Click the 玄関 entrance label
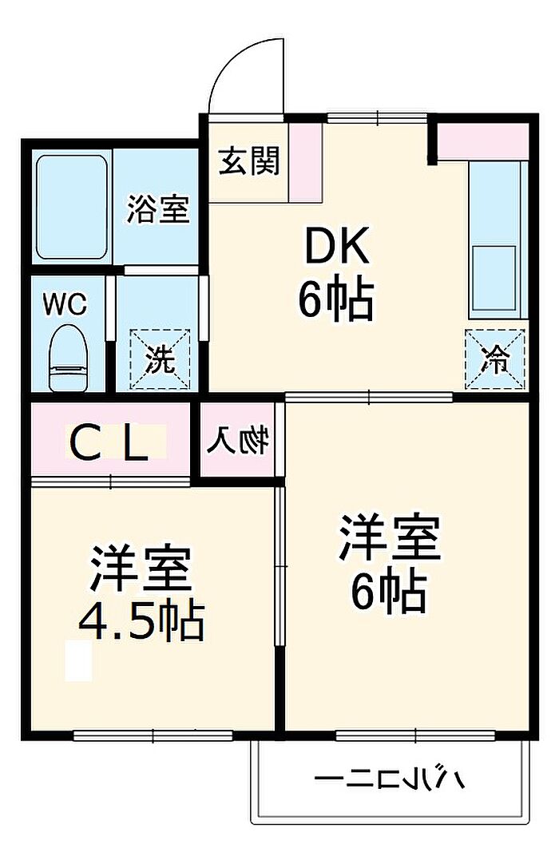249,162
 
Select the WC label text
65,304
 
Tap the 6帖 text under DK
335,300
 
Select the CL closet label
110,444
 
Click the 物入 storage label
239,441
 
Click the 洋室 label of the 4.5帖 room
141,568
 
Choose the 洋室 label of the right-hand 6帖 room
390,539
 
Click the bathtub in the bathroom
71,207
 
